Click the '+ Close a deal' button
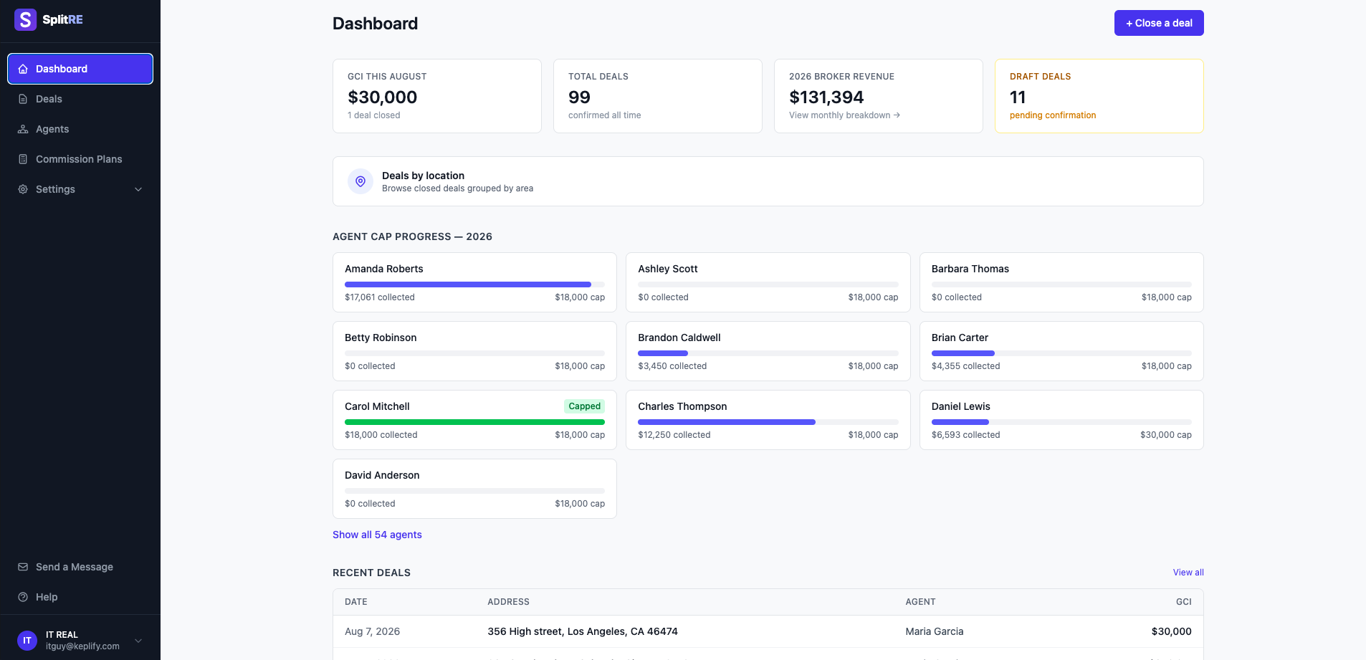[x=1159, y=23]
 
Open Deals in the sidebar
[x=49, y=99]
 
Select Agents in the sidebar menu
[x=52, y=129]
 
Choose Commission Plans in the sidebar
[x=79, y=159]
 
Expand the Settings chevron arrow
[x=138, y=189]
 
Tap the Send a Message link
[x=75, y=567]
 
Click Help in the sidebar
[x=47, y=597]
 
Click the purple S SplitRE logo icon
[x=26, y=19]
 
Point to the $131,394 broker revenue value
[x=826, y=97]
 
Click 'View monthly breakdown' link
[x=844, y=115]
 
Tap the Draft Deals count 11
[x=1018, y=97]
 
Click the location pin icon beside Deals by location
[x=360, y=181]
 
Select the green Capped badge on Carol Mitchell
[x=585, y=406]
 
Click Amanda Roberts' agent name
[x=384, y=269]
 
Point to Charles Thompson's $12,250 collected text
[x=674, y=435]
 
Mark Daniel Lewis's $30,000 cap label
[x=1166, y=435]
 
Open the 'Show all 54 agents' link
[x=377, y=535]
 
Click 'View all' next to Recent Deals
[x=1188, y=573]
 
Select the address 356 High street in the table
[x=583, y=631]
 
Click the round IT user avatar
[x=27, y=641]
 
